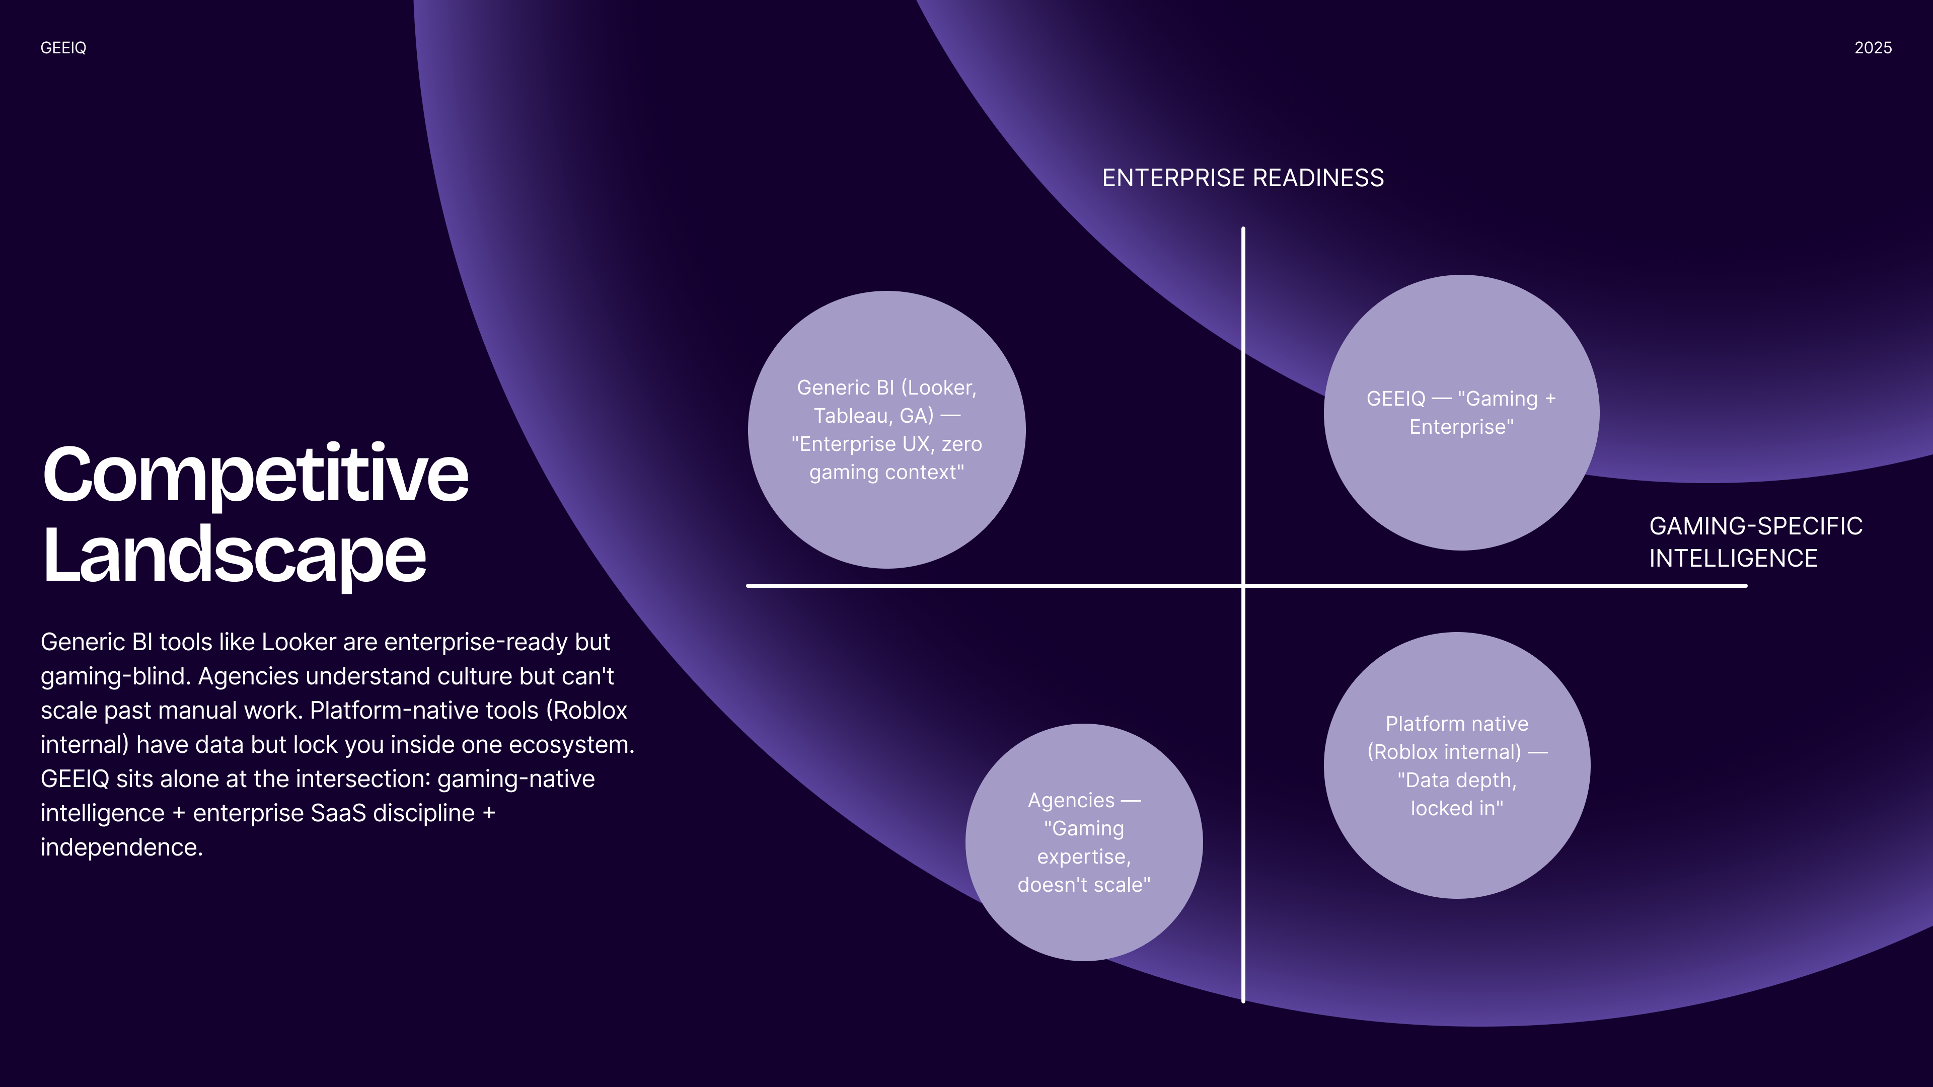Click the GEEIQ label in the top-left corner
(63, 48)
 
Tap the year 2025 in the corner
(1873, 48)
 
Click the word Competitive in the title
(256, 476)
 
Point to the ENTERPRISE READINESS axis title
(1243, 178)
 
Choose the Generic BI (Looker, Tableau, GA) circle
(887, 430)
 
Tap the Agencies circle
(1084, 842)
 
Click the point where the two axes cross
(1243, 585)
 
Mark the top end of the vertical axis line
(1243, 228)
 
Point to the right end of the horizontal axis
(1746, 585)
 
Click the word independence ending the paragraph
(121, 847)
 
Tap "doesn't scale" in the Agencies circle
(1084, 885)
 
